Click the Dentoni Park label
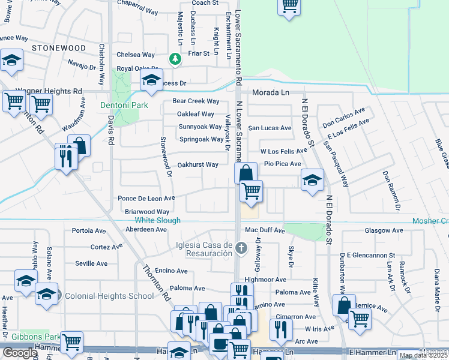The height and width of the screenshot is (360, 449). pos(124,105)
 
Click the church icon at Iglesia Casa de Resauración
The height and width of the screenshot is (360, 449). pos(241,248)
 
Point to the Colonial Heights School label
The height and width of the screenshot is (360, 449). pos(109,296)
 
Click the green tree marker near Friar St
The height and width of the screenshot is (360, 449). pos(175,59)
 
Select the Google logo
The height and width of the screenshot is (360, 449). pos(20,353)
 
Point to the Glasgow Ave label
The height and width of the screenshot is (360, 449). pos(384,230)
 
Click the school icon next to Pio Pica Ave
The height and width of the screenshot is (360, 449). pos(312,180)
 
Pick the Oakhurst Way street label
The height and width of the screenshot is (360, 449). pos(198,164)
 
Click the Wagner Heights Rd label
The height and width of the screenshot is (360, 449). pos(49,91)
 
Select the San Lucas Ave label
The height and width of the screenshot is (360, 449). pos(270,128)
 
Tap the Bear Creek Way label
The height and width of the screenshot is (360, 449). pos(196,101)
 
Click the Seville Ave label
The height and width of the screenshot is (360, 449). pos(91,263)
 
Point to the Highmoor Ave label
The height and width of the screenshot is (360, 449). pos(265,280)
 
